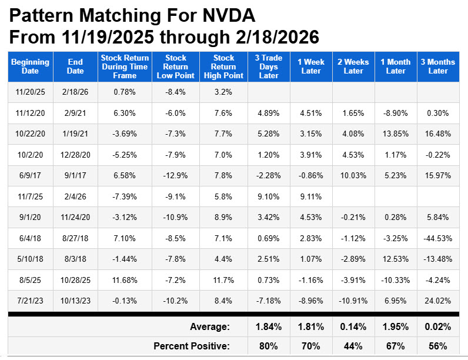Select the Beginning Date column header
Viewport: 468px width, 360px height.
(x=31, y=66)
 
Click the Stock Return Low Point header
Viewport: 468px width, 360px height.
(x=175, y=66)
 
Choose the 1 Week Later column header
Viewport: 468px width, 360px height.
(x=310, y=66)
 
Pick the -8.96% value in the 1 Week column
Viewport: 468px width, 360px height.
(x=310, y=300)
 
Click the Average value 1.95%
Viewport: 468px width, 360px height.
(x=396, y=326)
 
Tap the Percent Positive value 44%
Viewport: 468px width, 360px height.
(x=353, y=346)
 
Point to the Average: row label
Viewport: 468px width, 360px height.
(x=210, y=326)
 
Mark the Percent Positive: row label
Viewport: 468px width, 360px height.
(x=192, y=346)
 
